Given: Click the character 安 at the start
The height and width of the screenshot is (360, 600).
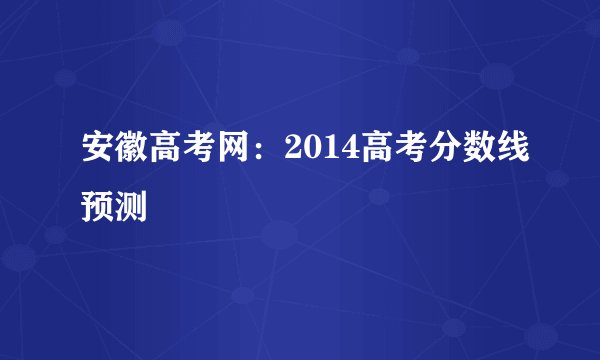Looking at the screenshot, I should coord(101,152).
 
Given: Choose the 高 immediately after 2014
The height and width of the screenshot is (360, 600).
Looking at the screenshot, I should coord(371,152).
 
